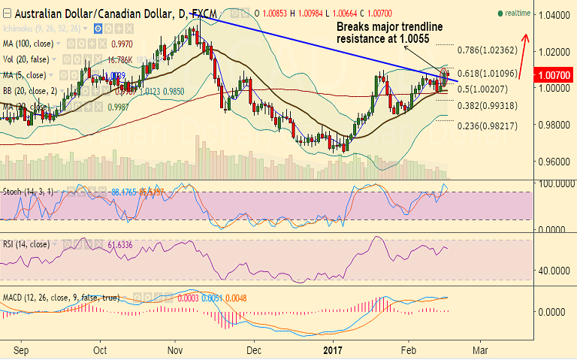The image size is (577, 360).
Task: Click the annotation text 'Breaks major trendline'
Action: [389, 27]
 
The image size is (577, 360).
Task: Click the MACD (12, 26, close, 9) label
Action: [60, 298]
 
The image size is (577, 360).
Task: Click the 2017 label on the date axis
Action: [331, 350]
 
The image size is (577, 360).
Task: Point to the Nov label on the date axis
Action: [175, 350]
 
